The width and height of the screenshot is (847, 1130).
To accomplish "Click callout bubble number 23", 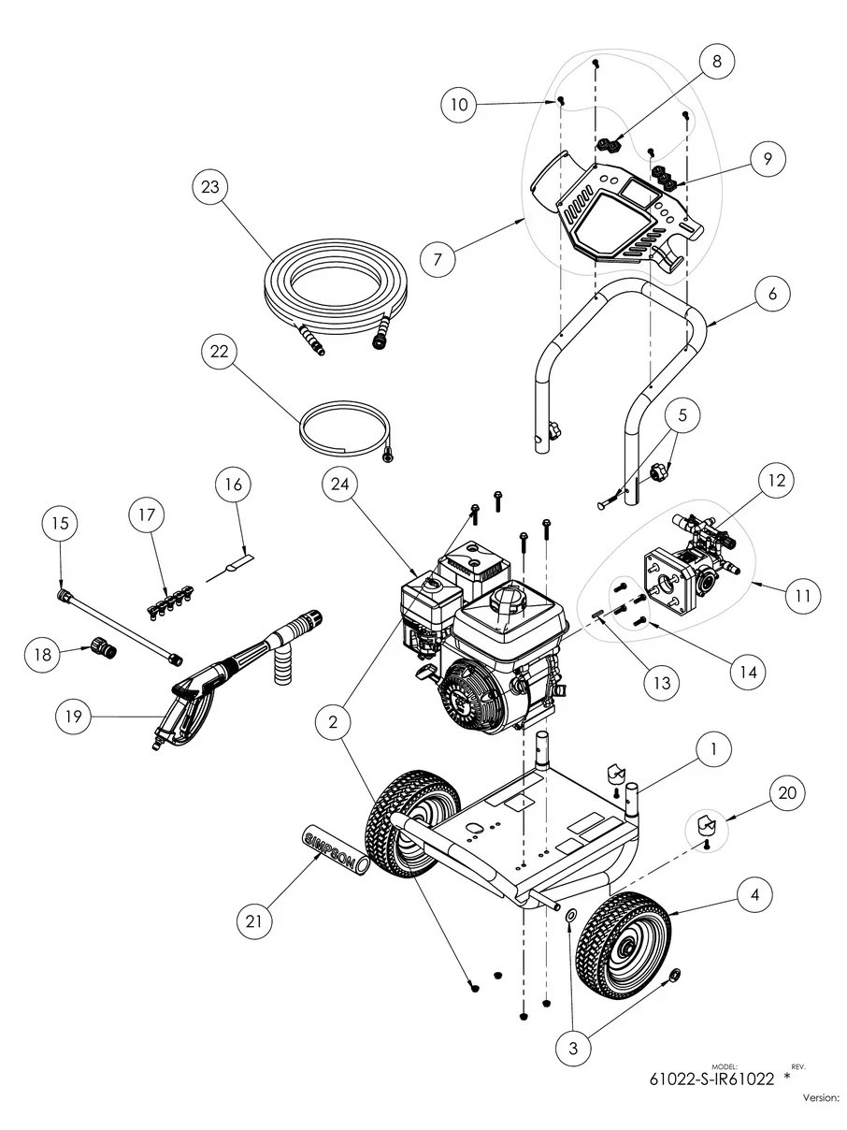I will pos(209,187).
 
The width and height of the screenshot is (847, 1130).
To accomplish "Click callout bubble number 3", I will pos(572,1049).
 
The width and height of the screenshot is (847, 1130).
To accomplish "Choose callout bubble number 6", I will pos(772,293).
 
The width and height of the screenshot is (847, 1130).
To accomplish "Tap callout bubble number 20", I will pos(784,791).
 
